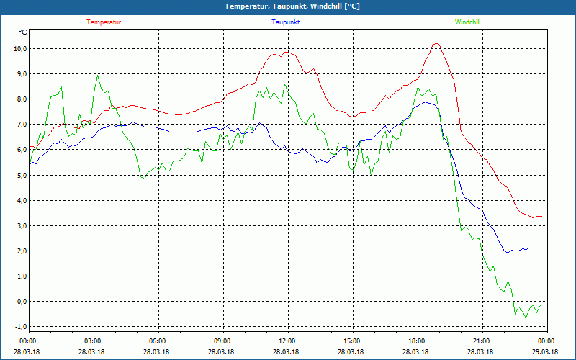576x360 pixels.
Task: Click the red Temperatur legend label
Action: (x=104, y=22)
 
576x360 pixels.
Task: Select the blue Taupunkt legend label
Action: (x=286, y=22)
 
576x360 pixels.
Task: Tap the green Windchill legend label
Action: (x=468, y=22)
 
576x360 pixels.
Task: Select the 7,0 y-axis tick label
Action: (x=20, y=125)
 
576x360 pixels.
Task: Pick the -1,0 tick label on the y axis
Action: (x=19, y=327)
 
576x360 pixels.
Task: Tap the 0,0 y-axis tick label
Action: (x=20, y=302)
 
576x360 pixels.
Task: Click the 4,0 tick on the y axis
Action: (x=20, y=200)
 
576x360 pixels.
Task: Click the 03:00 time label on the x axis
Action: (x=93, y=341)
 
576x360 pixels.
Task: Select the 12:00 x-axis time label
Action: (x=287, y=341)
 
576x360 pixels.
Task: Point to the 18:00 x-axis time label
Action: (x=417, y=341)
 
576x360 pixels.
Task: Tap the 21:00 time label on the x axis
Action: (x=482, y=341)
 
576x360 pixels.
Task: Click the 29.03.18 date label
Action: (x=546, y=352)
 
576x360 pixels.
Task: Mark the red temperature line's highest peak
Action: (x=436, y=43)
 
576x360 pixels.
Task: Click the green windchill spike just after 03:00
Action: (x=98, y=75)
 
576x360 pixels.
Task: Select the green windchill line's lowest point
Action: (x=526, y=318)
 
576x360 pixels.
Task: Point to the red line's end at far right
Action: (x=543, y=217)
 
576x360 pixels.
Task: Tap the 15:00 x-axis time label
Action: (x=352, y=341)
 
